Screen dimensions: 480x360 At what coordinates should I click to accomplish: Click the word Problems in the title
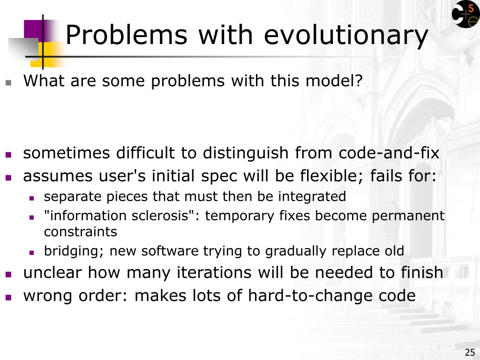127,35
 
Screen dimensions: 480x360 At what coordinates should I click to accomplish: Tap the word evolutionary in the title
346,36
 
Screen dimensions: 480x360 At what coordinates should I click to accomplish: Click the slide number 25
470,352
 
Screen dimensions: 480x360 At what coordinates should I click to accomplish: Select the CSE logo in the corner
465,14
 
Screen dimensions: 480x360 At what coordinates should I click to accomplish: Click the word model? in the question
334,81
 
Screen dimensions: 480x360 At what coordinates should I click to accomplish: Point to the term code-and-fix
389,153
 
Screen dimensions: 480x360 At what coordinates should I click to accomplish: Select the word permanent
408,216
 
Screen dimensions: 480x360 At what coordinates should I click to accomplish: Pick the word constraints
81,232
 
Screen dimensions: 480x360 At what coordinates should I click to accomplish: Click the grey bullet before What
8,82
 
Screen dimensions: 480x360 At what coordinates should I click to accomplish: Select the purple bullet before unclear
8,274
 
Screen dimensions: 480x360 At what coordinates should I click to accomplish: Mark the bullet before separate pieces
31,198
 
